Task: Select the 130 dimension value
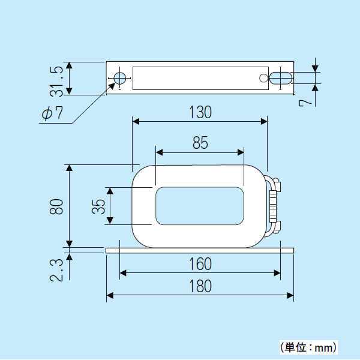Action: pos(200,112)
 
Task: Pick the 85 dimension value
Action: pos(200,143)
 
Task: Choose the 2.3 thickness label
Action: pos(56,269)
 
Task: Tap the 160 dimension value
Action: pos(200,264)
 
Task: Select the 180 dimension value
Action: pos(200,286)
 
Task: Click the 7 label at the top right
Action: pos(306,103)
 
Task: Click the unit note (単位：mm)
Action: pos(308,347)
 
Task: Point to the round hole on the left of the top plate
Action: pos(120,78)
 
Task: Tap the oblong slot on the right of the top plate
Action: pos(280,78)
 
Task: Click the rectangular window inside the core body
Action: pos(200,206)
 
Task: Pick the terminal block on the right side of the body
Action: pos(274,205)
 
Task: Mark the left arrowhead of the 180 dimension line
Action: pos(110,295)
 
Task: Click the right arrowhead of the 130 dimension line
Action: pos(264,122)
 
